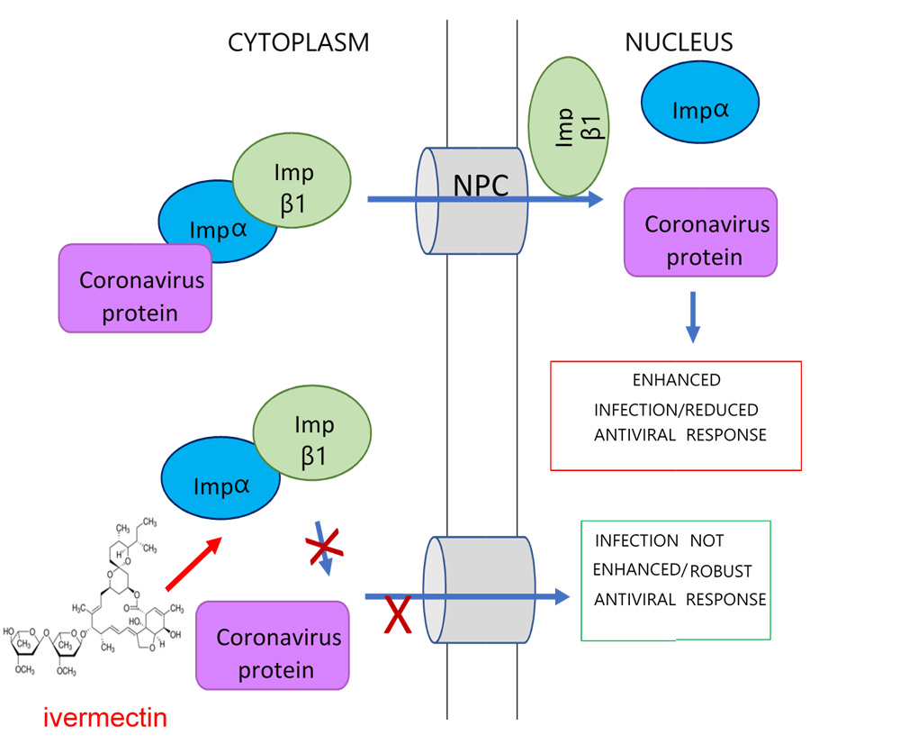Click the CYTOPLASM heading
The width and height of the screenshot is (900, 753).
(299, 42)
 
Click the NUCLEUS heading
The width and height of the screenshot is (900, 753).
(679, 42)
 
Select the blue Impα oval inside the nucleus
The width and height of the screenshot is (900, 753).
(700, 111)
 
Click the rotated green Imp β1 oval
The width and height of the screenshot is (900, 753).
(565, 128)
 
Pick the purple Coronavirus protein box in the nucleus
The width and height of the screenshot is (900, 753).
(700, 231)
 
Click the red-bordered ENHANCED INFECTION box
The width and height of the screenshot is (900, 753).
(675, 415)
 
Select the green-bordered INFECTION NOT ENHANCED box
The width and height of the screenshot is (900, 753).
(675, 580)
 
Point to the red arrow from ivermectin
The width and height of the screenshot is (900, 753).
(193, 564)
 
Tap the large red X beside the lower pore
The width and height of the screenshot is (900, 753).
(399, 614)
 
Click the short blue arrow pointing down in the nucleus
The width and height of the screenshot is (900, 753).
(692, 316)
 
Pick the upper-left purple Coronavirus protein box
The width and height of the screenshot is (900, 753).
(135, 288)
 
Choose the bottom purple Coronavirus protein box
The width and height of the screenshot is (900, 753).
(273, 645)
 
